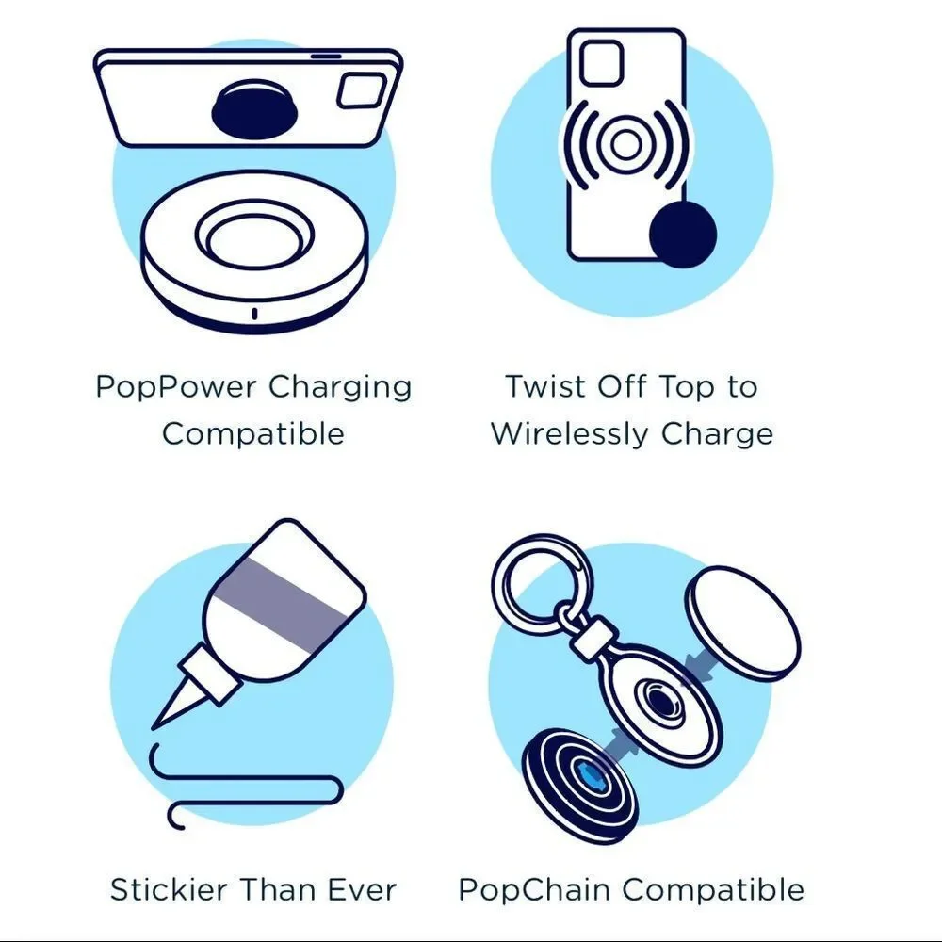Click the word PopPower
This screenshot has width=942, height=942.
176,387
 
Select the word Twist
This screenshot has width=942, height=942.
545,385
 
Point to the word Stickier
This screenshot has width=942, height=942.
169,890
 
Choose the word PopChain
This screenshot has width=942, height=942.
534,890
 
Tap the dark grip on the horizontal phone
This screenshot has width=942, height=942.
254,109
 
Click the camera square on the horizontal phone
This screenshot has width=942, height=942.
361,90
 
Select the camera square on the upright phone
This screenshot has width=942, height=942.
601,63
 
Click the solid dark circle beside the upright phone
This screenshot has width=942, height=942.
683,235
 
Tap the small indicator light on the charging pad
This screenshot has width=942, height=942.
254,314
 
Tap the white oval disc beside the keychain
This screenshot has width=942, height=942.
742,624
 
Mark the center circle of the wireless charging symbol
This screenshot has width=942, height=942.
625,144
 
